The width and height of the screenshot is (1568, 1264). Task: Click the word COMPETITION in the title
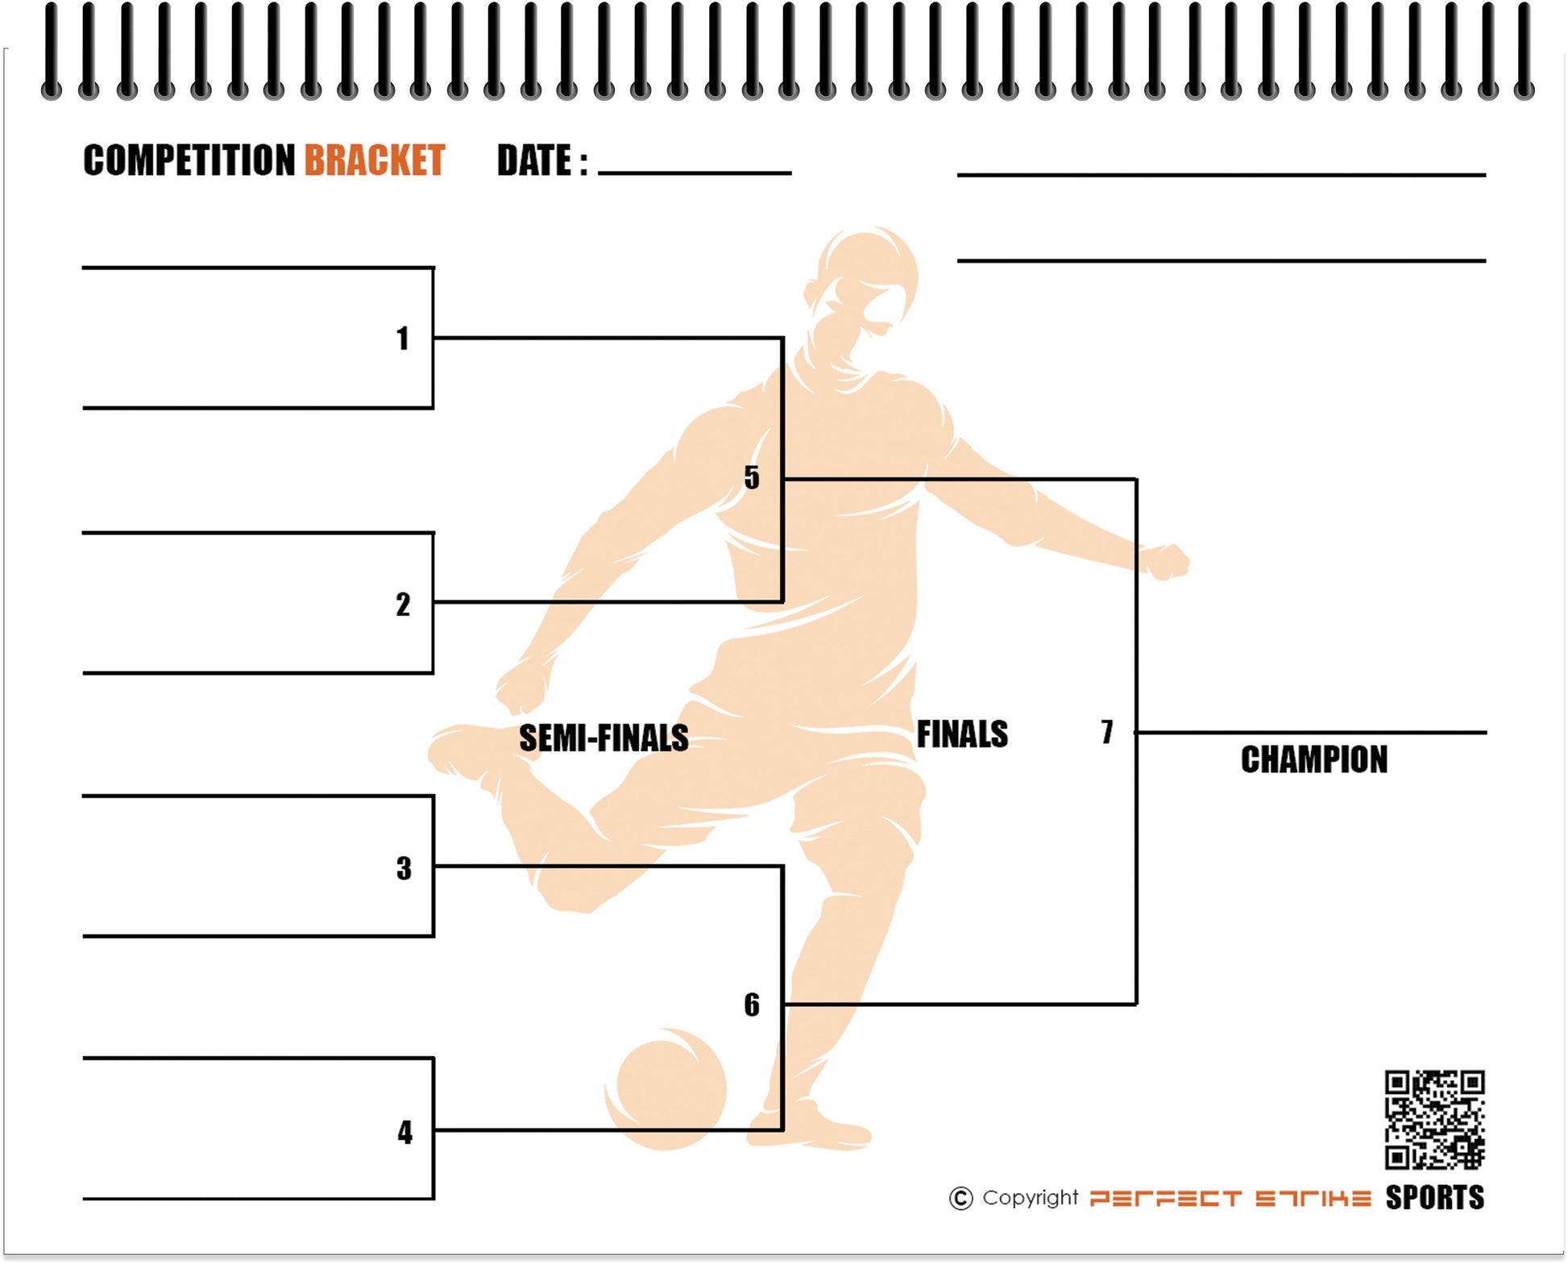click(189, 160)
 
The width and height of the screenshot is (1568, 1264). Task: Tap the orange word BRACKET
click(374, 160)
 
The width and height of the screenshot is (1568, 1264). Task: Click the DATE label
click(541, 160)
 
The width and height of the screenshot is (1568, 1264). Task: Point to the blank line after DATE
click(695, 171)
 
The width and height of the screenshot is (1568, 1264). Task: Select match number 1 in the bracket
click(403, 339)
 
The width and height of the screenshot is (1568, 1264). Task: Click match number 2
click(403, 605)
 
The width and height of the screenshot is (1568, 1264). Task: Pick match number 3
click(404, 868)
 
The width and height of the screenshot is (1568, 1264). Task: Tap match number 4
click(404, 1133)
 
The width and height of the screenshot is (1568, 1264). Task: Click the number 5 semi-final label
click(751, 477)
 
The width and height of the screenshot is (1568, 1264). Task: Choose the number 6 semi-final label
click(751, 1004)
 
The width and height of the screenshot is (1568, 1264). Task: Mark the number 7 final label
click(1107, 731)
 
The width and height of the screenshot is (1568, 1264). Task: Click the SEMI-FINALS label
click(604, 738)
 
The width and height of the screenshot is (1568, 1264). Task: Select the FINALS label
click(962, 734)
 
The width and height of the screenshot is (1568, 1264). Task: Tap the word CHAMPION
click(1313, 759)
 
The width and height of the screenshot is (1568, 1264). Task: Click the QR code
click(1434, 1119)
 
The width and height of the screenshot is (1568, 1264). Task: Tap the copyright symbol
click(960, 1199)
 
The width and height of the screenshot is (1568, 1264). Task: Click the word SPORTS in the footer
click(1434, 1198)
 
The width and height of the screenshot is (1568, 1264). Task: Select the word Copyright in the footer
click(1030, 1198)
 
